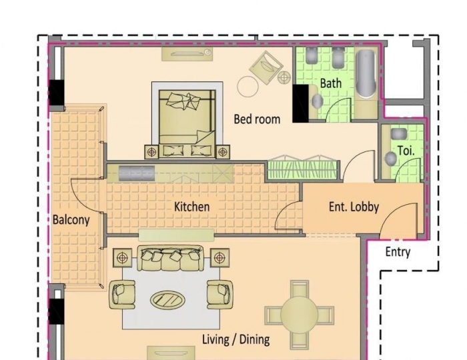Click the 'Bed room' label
(x=257, y=119)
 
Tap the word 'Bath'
(x=330, y=83)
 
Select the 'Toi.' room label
(x=406, y=151)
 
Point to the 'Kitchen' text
(x=191, y=207)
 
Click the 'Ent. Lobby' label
(x=354, y=207)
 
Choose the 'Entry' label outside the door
(x=398, y=252)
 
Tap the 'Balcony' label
(x=71, y=219)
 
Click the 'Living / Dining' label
(x=236, y=339)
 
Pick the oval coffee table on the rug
(x=169, y=299)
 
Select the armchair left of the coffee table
(x=123, y=293)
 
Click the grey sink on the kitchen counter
(x=137, y=174)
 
